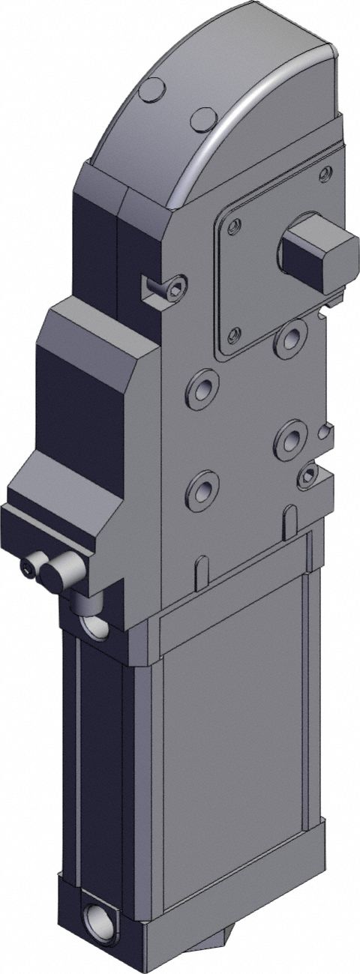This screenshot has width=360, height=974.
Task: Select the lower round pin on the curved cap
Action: pos(202,118)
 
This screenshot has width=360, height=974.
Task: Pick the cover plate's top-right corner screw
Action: pos(325,174)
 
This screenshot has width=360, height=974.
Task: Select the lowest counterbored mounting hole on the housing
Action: pos(201,491)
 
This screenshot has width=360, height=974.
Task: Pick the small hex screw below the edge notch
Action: pos(307,475)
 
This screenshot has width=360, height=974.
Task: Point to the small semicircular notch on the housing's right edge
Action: pos(325,431)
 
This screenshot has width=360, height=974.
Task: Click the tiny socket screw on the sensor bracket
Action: pos(30,572)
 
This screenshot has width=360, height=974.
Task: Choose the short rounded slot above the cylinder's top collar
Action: pos(200,572)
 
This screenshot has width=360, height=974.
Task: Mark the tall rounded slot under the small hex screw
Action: pos(289,523)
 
